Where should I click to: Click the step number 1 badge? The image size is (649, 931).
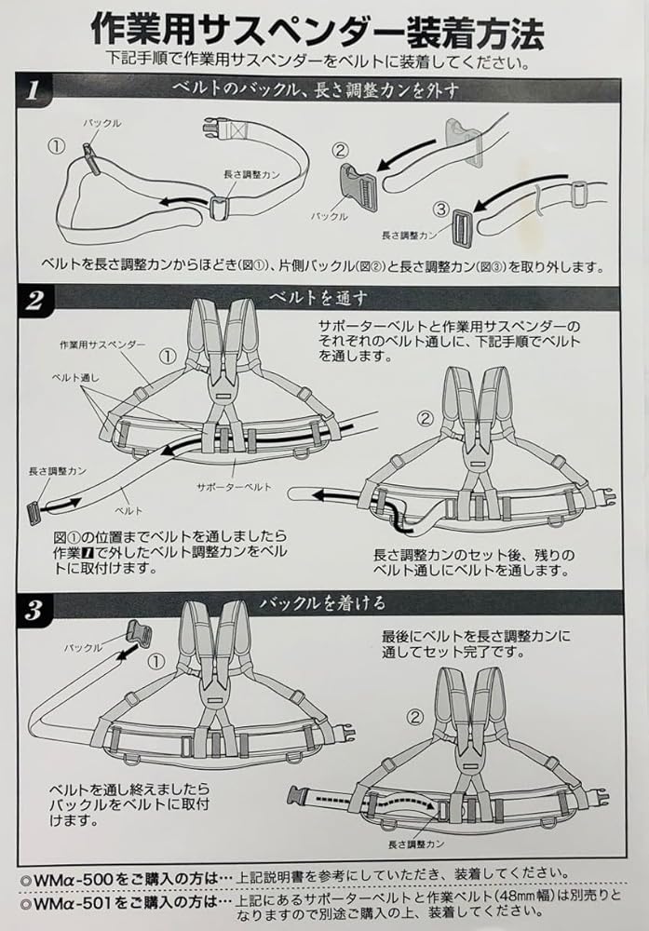point(34,91)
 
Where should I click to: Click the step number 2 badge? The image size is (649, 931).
point(34,301)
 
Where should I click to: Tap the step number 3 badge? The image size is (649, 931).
point(34,610)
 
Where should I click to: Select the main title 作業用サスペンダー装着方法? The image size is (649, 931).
point(318,32)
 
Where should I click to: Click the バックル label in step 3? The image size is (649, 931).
point(82,645)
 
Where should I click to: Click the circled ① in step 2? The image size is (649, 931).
point(166,355)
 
